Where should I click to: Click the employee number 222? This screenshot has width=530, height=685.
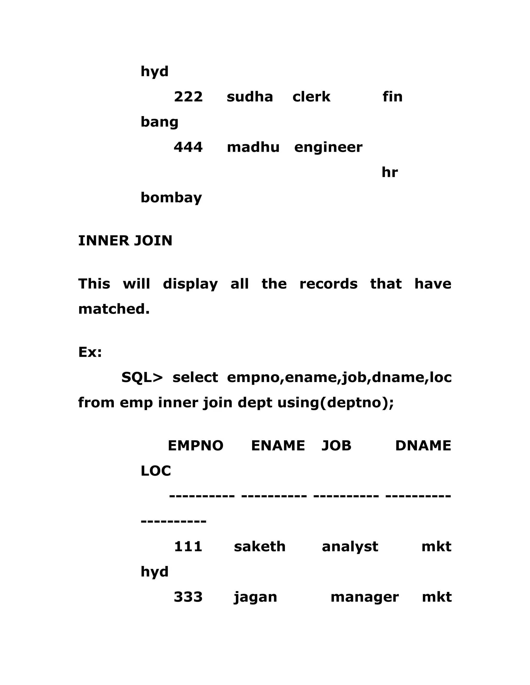(188, 97)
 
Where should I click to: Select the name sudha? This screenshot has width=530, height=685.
(250, 97)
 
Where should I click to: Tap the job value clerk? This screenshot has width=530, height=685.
(311, 97)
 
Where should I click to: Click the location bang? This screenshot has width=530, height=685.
(159, 122)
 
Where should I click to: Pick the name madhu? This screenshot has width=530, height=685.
(253, 147)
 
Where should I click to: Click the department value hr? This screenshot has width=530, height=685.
(390, 172)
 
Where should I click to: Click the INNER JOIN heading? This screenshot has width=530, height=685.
(125, 241)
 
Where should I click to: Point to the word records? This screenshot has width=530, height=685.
(328, 284)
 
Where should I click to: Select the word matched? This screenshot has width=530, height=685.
(114, 309)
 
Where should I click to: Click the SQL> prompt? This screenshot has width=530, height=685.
(142, 377)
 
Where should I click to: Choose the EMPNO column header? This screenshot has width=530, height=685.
(195, 446)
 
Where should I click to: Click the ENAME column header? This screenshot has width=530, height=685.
(278, 446)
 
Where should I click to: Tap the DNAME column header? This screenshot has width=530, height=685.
(423, 446)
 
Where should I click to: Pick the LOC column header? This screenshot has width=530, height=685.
(156, 471)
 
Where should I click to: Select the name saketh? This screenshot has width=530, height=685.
(260, 547)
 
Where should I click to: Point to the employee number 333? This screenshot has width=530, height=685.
(188, 597)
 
